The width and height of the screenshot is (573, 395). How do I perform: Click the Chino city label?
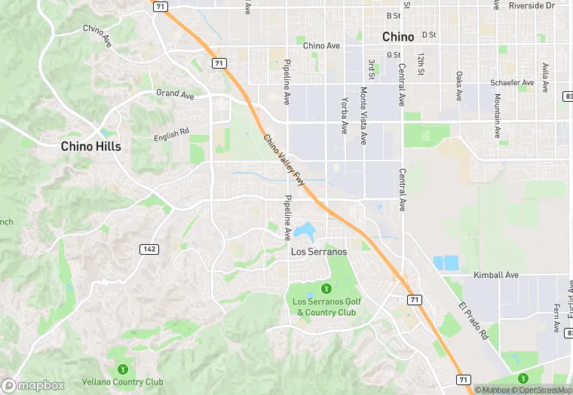coord(397,36)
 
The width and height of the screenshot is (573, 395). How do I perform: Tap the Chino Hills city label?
coord(90,146)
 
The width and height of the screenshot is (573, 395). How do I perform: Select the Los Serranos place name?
coord(319,252)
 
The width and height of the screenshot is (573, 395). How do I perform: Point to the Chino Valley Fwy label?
coord(284,160)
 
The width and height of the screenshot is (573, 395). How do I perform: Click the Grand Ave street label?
coord(175,94)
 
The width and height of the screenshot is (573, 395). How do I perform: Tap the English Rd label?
coord(171,135)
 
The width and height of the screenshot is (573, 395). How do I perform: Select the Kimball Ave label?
coord(496,275)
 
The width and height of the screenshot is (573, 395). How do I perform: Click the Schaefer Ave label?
coord(511,82)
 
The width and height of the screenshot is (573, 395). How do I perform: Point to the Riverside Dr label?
coord(531,5)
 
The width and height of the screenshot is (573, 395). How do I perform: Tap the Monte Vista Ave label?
coord(363,115)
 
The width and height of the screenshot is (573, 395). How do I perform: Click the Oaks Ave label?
coord(459,87)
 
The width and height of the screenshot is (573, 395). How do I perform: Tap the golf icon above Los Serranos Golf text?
coord(326,287)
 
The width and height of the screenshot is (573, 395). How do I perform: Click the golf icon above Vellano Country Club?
coord(122,369)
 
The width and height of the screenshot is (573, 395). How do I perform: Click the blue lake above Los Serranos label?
coord(306,229)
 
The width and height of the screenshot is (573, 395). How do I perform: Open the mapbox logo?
coord(33,385)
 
